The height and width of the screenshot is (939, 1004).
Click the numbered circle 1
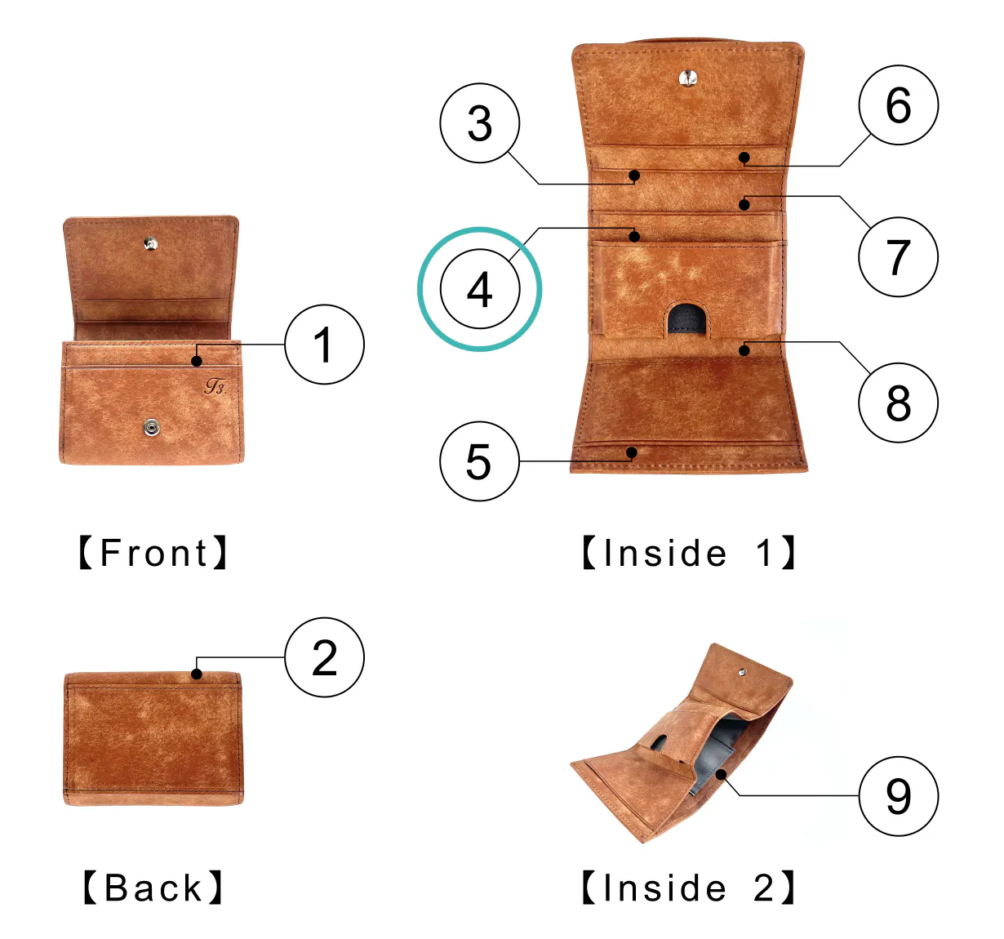(x=324, y=345)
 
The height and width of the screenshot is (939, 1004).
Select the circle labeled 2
(x=324, y=657)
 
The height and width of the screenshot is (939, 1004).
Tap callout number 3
(x=480, y=123)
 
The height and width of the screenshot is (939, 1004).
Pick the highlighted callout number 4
(x=480, y=289)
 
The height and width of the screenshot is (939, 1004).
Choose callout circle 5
(x=479, y=461)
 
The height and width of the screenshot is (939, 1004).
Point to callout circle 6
(x=898, y=105)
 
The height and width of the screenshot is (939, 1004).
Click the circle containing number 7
(x=898, y=256)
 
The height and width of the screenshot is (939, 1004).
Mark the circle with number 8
(x=898, y=403)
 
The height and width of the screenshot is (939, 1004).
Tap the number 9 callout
(x=898, y=796)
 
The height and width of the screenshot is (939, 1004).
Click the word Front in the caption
(x=153, y=553)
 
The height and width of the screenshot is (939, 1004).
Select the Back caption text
(x=153, y=888)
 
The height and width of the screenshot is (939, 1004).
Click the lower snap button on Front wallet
(x=151, y=427)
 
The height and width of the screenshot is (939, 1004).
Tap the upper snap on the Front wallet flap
(x=150, y=243)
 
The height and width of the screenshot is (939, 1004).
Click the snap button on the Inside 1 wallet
(x=688, y=78)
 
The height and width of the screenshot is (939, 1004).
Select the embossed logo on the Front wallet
(x=215, y=385)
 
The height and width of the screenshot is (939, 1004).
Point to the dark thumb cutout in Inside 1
(x=687, y=319)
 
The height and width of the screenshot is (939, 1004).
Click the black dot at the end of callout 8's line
(x=744, y=350)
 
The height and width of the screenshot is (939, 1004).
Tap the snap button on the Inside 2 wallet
(x=741, y=673)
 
